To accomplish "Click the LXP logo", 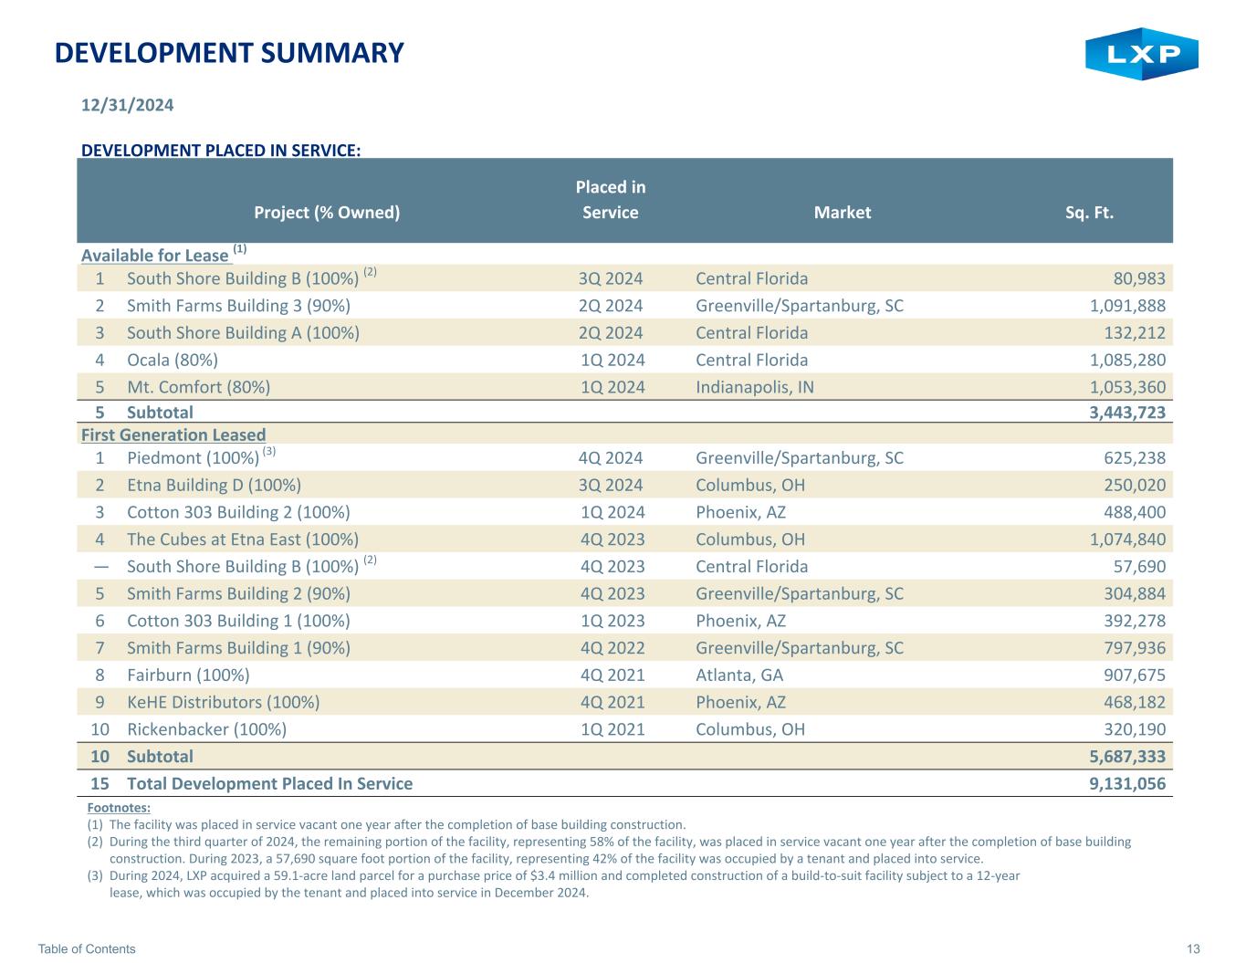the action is point(1141,54).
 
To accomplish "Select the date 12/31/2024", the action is point(127,105).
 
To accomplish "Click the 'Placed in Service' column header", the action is point(610,200).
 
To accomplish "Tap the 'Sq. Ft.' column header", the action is point(1089,213).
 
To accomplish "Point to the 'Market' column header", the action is point(843,213).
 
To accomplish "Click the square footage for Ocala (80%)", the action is point(1127,360).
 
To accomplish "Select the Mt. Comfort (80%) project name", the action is point(198,387).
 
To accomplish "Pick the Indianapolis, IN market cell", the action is point(755,387).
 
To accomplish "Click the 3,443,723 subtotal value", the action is point(1127,413).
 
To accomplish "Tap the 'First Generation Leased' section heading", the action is point(173,435).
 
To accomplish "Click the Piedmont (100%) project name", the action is point(194,458).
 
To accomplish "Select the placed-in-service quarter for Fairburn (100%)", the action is point(613,675).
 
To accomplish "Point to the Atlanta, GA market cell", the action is point(739,675).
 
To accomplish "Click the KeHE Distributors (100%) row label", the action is point(223,702).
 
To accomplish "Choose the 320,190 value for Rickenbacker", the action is point(1135,729).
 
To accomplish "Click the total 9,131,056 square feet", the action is point(1127,783).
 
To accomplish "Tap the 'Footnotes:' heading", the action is point(119,808).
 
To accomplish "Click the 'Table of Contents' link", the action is point(87,948).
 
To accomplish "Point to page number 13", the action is point(1193,948).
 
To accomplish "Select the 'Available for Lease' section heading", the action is point(155,256).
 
